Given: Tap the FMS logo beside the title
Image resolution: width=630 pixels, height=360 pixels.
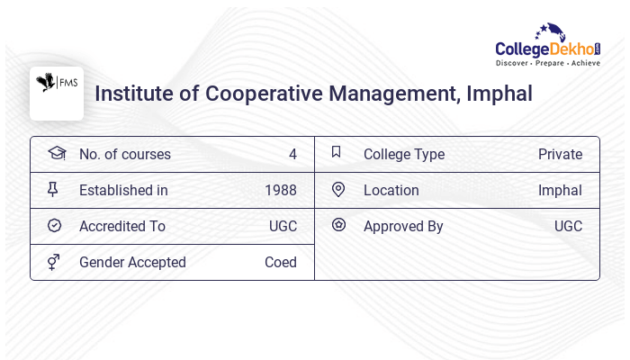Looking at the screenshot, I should [56, 93].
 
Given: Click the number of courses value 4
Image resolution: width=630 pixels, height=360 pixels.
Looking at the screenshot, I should [292, 154].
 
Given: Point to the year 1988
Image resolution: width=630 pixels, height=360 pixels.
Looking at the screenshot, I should [281, 190].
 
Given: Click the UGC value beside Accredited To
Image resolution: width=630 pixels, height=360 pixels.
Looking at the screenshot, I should [283, 226].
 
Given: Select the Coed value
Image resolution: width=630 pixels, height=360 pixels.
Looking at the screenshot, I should [281, 262].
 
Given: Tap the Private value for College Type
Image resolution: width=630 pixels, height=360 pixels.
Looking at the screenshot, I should [560, 154].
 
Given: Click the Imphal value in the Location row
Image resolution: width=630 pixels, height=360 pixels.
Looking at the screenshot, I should [560, 190].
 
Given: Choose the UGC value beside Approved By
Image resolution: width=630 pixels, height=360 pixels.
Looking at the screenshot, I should [568, 226].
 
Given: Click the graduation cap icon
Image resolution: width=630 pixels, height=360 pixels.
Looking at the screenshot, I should [56, 153].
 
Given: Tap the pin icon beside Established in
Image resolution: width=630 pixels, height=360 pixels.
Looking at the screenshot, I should [53, 189].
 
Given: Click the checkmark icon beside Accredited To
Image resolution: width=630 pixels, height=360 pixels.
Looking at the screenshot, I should [54, 225].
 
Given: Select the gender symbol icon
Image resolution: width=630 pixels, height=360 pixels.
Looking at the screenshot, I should [54, 262].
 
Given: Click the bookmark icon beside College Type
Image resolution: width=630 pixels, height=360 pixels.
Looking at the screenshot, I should [337, 152].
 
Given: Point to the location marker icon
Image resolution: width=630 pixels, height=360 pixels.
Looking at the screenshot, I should [338, 189].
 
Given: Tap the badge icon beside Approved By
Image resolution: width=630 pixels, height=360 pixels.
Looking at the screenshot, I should [338, 225].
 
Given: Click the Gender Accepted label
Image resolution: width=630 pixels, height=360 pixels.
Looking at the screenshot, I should [132, 262].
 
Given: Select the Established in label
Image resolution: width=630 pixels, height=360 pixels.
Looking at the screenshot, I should [123, 190].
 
